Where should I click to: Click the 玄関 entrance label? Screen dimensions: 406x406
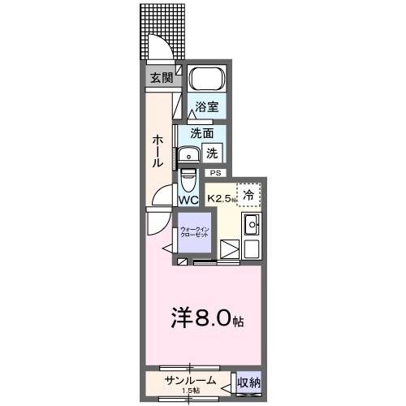click(160, 79)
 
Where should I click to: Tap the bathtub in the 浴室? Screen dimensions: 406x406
click(206, 80)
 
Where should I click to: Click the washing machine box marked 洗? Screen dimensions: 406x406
click(211, 152)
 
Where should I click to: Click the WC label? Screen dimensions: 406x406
click(188, 200)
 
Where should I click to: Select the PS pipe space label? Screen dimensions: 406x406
click(215, 173)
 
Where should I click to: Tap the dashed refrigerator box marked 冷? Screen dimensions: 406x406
click(249, 195)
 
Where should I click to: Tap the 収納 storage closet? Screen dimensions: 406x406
click(248, 382)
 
